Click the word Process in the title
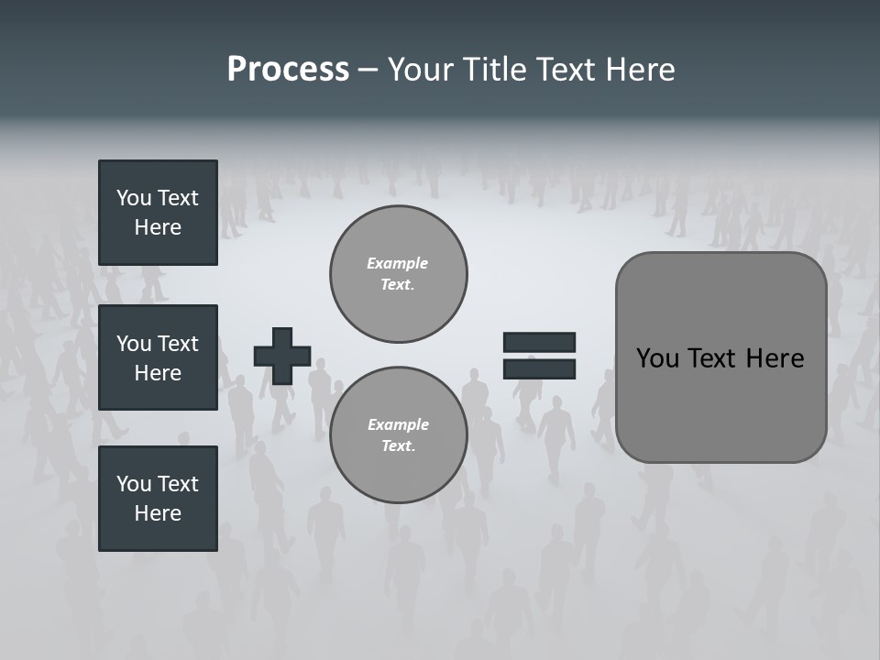(288, 70)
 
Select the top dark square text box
(158, 213)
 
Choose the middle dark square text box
(158, 357)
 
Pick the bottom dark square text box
(158, 499)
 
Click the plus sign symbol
(282, 356)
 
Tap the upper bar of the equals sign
(539, 342)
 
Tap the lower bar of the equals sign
(539, 368)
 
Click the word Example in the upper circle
(398, 263)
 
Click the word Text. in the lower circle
(398, 445)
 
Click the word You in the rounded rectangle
(656, 358)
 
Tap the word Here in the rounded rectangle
(775, 358)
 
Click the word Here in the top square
(158, 227)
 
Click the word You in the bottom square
(134, 484)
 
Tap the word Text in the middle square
(178, 344)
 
